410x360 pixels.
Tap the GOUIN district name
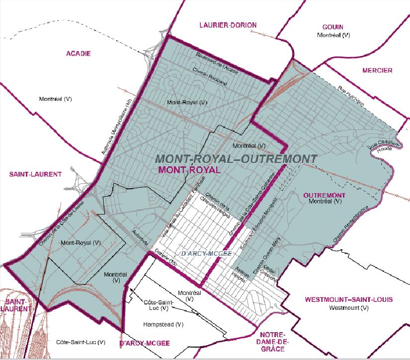point(332,27)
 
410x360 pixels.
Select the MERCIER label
point(377,71)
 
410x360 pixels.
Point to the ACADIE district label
point(78,54)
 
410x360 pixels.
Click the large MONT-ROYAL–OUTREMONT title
point(236,158)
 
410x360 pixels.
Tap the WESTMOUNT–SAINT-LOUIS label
point(348,299)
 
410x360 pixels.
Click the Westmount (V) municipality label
point(348,308)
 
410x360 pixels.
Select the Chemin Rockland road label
point(209,76)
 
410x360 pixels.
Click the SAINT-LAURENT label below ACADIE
point(35,174)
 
